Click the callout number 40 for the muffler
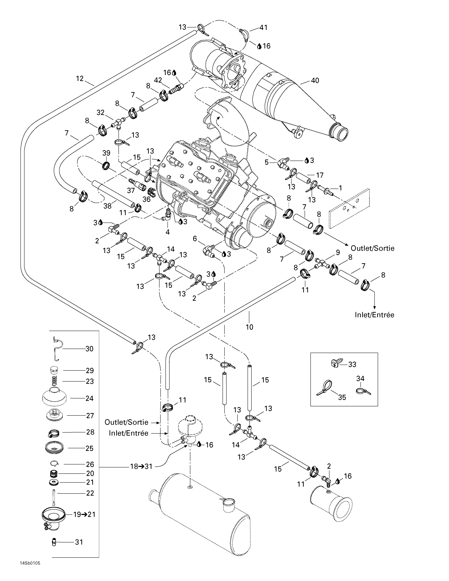coord(315,80)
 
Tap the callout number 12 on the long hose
coord(80,78)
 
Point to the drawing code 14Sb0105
coord(30,563)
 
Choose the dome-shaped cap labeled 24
coord(54,397)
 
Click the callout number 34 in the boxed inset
coord(360,378)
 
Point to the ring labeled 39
coord(106,166)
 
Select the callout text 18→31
coord(141,466)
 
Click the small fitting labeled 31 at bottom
coord(54,542)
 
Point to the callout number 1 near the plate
coord(340,188)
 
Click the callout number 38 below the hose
coord(107,206)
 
